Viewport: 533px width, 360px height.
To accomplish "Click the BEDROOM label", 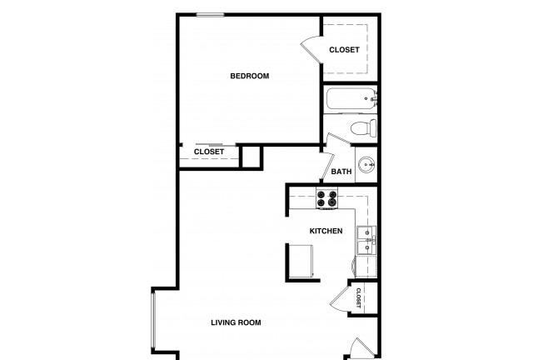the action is (x=250, y=76).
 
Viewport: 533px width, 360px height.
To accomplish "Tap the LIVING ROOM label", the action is (x=236, y=322).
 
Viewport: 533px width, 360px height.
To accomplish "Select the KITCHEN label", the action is (x=326, y=231).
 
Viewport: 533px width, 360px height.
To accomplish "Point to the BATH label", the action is (x=341, y=172).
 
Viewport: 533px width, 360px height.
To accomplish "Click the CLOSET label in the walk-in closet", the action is (x=344, y=50).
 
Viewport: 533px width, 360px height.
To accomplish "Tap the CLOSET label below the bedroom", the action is (x=209, y=152).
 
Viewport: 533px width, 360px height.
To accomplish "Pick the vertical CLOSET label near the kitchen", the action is (x=358, y=297).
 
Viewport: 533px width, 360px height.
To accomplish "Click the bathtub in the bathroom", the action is (x=351, y=98).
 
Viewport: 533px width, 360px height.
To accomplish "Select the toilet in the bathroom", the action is (x=364, y=128).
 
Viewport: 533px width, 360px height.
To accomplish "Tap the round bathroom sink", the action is (x=367, y=165).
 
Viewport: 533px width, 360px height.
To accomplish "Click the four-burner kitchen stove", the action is (x=326, y=199).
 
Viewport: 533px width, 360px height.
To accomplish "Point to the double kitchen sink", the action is (x=366, y=240).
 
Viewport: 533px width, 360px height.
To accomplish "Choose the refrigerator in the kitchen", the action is (x=301, y=262).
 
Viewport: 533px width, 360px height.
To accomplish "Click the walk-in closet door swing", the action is (x=311, y=49).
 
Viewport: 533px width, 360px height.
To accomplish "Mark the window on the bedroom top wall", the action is (x=210, y=15).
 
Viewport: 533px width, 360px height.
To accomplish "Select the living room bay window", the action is (x=153, y=320).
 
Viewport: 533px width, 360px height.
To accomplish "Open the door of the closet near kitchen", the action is (x=340, y=298).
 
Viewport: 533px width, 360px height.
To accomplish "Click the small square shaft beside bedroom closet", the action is (x=252, y=157).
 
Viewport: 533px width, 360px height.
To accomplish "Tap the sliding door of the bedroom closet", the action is (x=209, y=145).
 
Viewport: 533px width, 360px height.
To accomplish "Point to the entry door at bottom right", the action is (x=360, y=349).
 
